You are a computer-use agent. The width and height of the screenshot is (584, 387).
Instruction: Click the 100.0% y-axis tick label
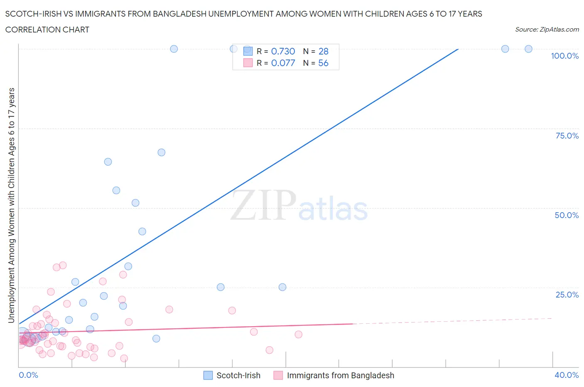point(564,56)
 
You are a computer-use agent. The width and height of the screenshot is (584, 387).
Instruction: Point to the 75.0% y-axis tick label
point(567,136)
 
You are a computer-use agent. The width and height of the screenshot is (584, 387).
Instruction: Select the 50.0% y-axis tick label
point(567,215)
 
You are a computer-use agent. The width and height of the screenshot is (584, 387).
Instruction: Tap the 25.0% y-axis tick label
point(567,295)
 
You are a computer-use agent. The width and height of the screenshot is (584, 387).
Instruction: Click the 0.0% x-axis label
point(28,375)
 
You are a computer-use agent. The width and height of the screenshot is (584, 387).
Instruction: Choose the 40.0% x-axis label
point(567,375)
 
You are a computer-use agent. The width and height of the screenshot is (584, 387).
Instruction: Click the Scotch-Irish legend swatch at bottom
point(208,375)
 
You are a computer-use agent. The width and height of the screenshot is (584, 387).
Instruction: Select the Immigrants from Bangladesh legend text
point(340,375)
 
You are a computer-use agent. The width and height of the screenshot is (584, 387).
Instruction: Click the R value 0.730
point(283,51)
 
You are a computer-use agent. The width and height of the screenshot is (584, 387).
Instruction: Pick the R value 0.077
point(283,63)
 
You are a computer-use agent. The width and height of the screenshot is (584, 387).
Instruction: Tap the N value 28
point(323,51)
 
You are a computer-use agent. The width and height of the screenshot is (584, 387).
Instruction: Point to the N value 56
point(323,63)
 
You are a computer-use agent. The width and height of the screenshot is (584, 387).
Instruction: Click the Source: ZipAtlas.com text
point(547,30)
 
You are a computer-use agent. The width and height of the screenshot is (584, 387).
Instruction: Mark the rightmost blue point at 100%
point(528,49)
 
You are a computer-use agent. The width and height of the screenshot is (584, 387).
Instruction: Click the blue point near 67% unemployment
point(162,152)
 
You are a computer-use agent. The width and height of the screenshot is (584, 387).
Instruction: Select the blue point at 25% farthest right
point(282,287)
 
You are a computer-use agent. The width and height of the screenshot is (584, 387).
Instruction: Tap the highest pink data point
point(63,265)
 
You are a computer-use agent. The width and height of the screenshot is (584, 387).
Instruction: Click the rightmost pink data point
point(298,334)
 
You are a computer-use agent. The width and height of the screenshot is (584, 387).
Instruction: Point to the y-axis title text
point(11,205)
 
